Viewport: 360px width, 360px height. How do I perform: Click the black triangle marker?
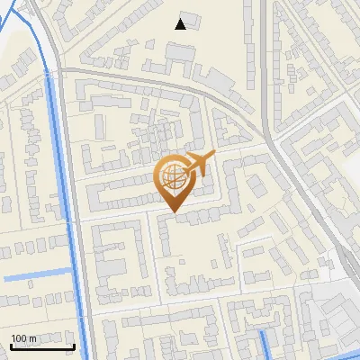182,24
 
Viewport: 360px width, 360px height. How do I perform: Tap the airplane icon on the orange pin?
200,164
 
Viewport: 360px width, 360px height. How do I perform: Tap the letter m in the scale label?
33,338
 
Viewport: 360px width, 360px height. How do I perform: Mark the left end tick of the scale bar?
10,345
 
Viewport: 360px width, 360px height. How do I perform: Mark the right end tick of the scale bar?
74,345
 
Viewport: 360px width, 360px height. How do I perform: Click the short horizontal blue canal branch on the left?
36,274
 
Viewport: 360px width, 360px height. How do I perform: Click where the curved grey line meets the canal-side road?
61,67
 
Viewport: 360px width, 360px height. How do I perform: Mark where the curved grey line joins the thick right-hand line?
270,135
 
